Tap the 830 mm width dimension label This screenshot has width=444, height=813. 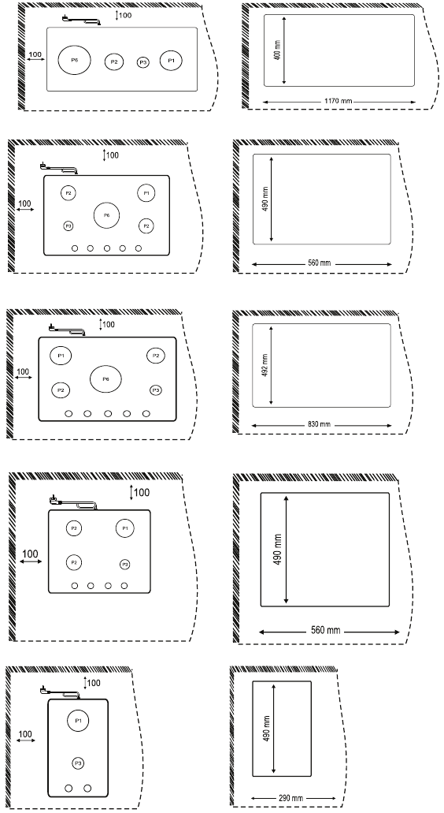[x=320, y=424]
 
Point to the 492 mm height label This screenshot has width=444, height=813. [x=265, y=364]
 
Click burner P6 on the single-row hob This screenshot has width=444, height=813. [x=75, y=60]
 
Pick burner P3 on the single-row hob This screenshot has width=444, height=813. [x=142, y=62]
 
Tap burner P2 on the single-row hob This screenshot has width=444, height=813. [x=114, y=61]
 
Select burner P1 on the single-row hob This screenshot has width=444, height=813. [x=171, y=60]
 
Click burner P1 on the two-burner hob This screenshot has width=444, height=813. [x=78, y=721]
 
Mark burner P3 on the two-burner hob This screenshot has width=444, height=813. [x=78, y=763]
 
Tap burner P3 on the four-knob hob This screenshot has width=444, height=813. [x=124, y=564]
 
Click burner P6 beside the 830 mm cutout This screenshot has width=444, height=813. [x=105, y=379]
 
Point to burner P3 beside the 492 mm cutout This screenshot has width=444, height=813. [x=156, y=390]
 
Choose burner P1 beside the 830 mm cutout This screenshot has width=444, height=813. [x=60, y=356]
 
